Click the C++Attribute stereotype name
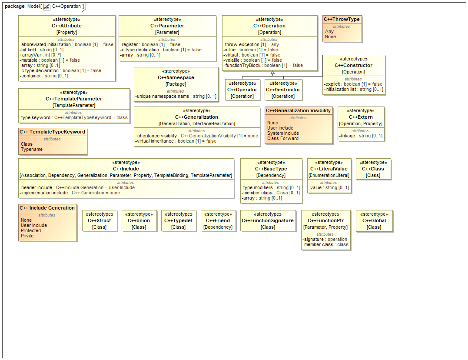(x=66, y=26)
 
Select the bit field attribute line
(x=42, y=50)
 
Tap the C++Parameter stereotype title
(x=167, y=26)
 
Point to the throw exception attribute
(x=251, y=44)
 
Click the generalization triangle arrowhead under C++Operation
(x=272, y=73)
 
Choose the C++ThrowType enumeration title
(x=342, y=19)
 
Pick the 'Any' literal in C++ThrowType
(x=329, y=31)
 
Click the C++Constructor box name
(x=353, y=65)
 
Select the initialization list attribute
(x=353, y=89)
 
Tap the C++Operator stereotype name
(x=242, y=90)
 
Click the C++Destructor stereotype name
(x=283, y=90)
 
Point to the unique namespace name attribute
(x=176, y=96)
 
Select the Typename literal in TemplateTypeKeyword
(x=32, y=149)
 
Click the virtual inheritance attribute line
(x=176, y=141)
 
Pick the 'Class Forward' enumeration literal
(x=283, y=138)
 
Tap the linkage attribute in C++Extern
(x=361, y=136)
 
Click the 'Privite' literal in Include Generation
(x=27, y=236)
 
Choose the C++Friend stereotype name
(x=218, y=220)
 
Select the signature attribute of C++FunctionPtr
(x=325, y=239)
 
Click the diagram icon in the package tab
(x=47, y=7)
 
